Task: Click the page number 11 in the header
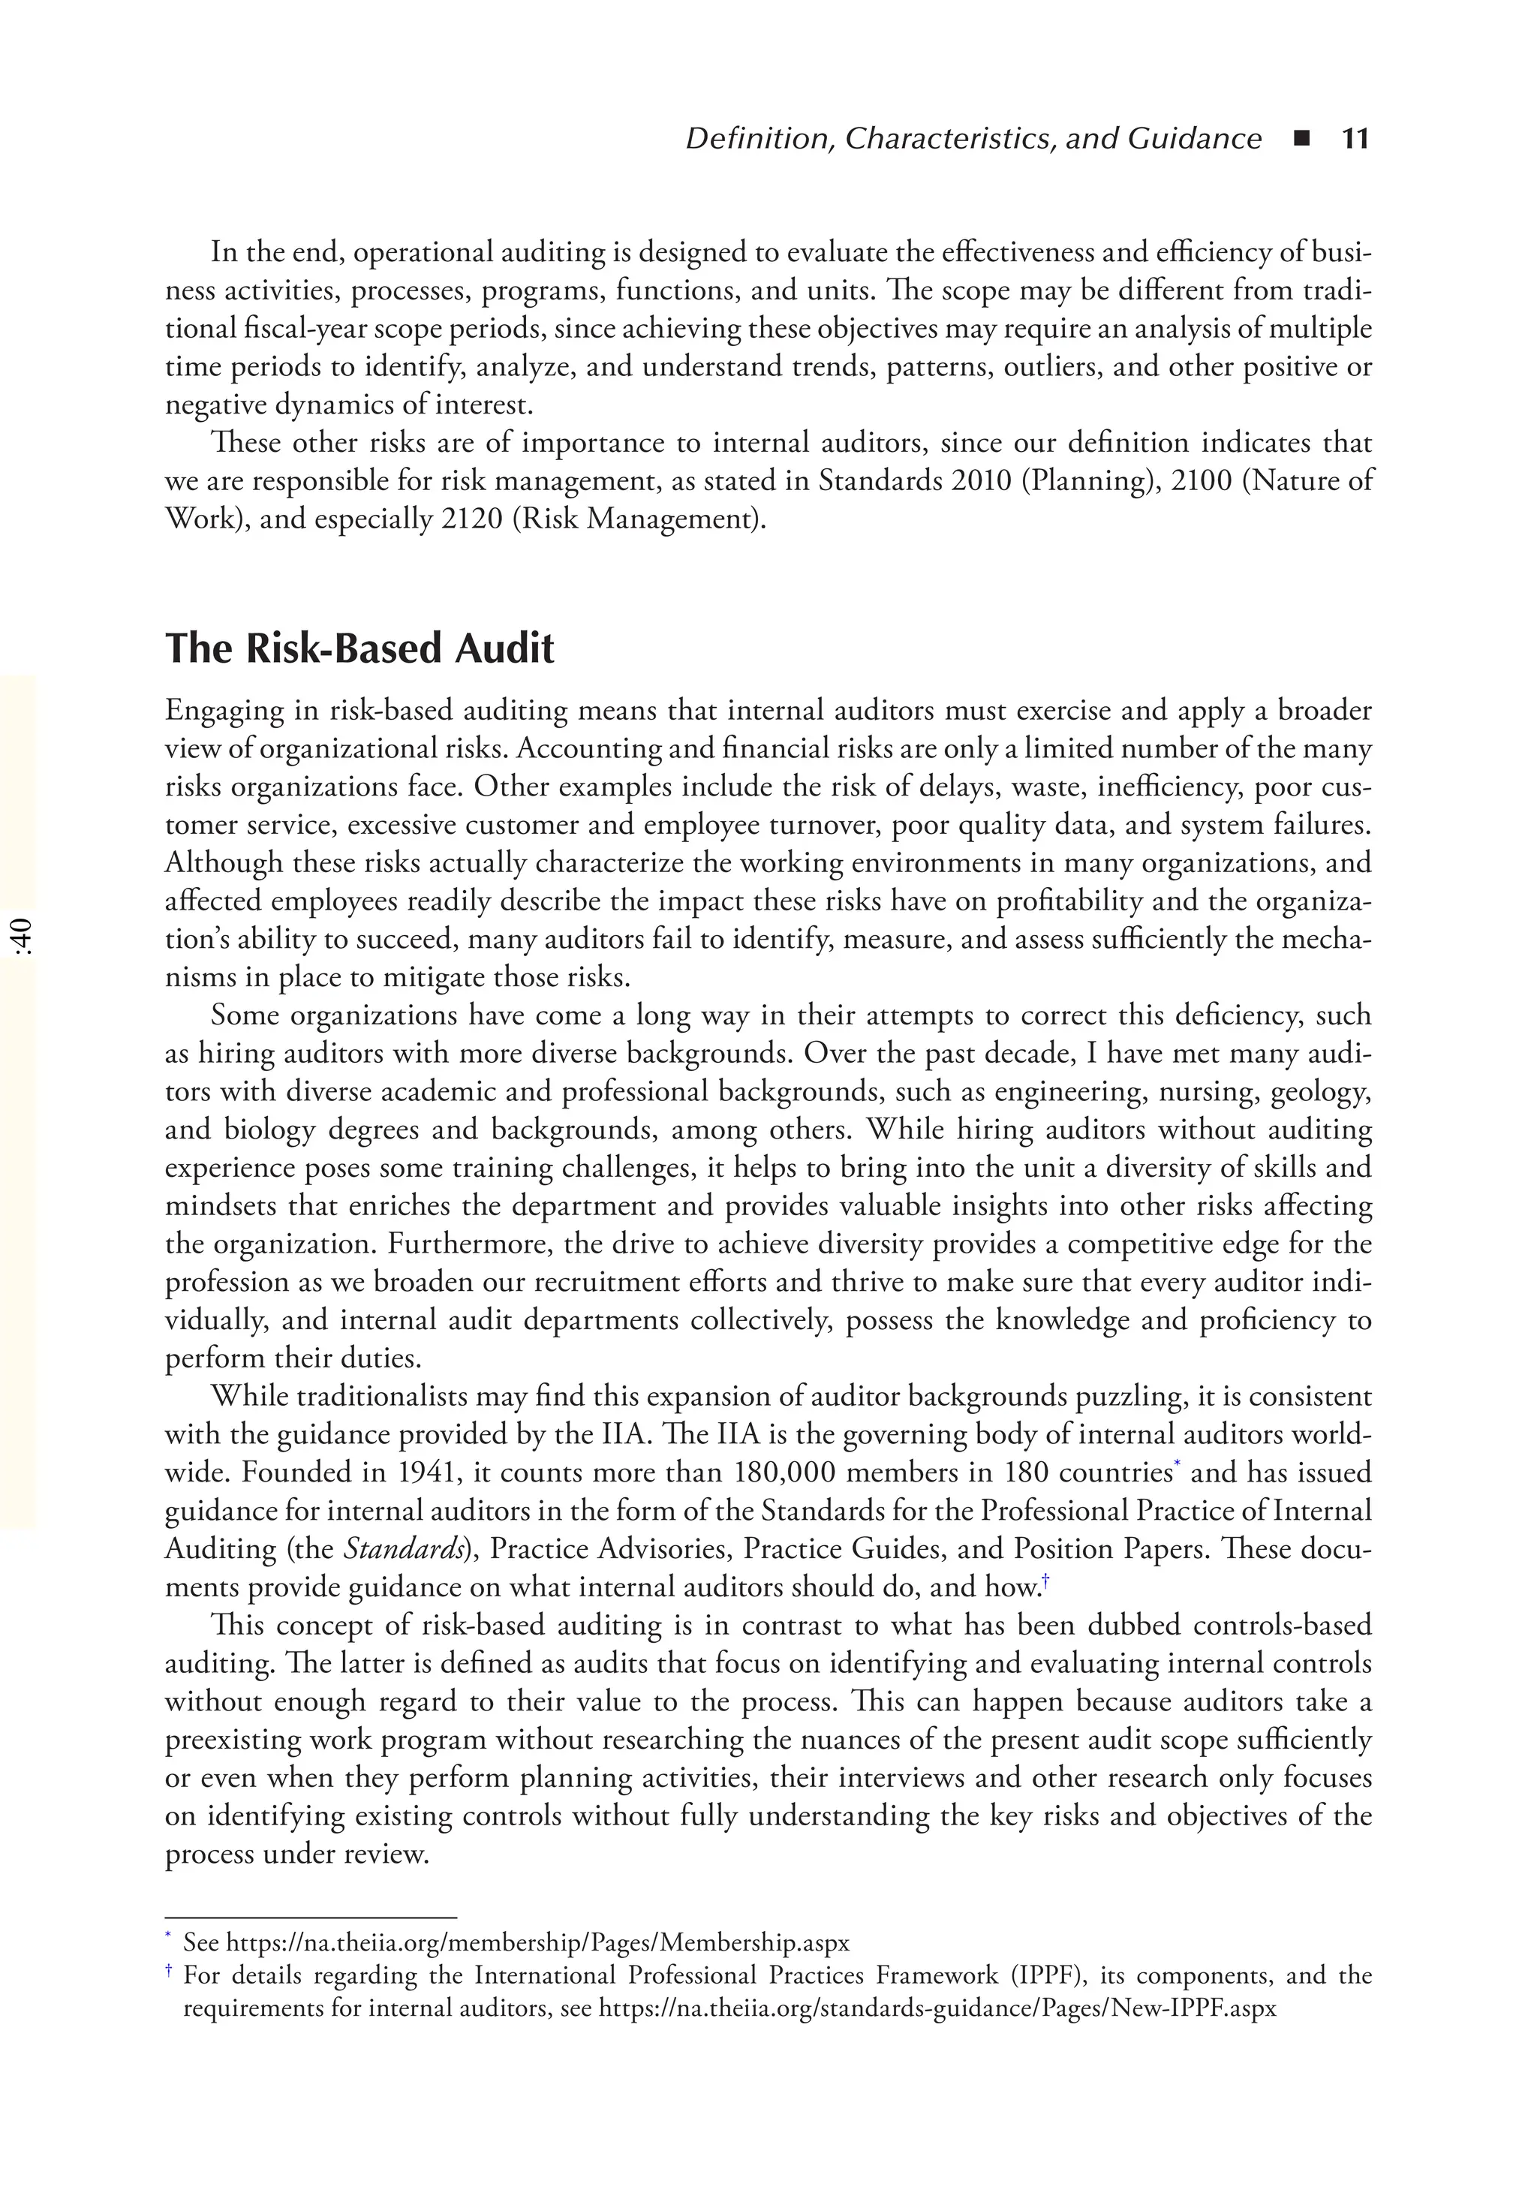coord(1355,140)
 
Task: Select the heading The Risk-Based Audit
coord(359,648)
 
